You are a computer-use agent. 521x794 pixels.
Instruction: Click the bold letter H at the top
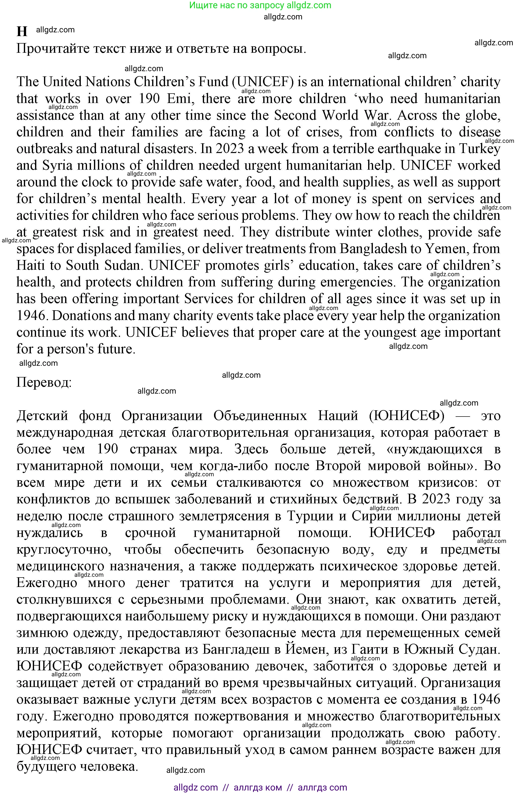click(22, 31)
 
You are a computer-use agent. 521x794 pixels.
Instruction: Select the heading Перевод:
click(44, 382)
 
